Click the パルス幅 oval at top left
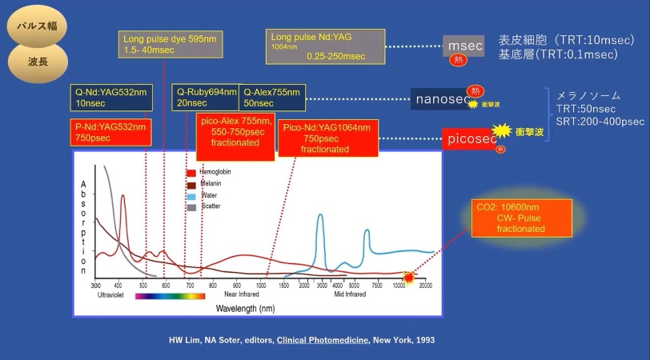click(37, 26)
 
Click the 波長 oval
click(37, 60)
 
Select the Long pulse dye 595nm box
click(171, 44)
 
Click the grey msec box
click(465, 46)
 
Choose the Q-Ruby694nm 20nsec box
click(207, 98)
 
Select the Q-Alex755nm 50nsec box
click(272, 98)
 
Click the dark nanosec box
click(439, 99)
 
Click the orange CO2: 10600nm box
click(522, 218)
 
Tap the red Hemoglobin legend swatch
click(191, 172)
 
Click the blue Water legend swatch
click(191, 195)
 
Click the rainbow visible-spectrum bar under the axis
click(170, 295)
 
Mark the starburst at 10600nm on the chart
click(409, 277)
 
